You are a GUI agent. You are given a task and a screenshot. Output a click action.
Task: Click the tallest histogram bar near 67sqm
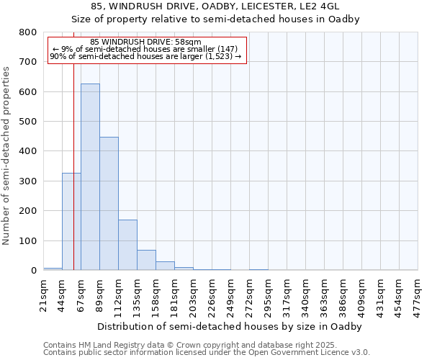(x=90, y=177)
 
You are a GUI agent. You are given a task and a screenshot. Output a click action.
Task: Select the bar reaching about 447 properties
(x=109, y=204)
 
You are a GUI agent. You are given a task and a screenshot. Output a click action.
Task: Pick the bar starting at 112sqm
(x=127, y=245)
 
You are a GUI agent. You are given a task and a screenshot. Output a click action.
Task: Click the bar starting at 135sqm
(x=146, y=260)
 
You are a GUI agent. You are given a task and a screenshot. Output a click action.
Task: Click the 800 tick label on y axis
(x=27, y=32)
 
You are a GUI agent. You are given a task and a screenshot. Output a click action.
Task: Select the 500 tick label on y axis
(x=27, y=122)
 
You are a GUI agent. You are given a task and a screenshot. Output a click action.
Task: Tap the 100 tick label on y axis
(x=27, y=240)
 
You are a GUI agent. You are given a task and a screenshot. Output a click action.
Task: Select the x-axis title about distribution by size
(x=230, y=326)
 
